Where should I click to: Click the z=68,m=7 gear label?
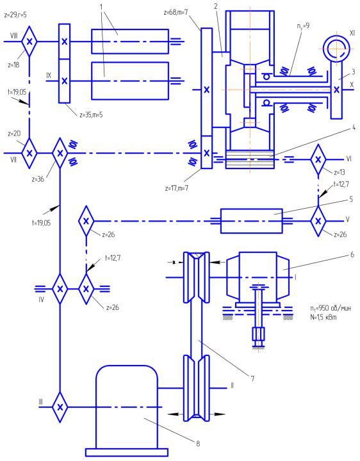coord(176,13)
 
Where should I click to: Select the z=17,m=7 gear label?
coord(177,188)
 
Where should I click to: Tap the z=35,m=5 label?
coord(91,115)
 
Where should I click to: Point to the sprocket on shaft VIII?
coord(29,42)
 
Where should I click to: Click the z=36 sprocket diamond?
coord(60,153)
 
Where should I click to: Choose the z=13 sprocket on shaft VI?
coord(318,159)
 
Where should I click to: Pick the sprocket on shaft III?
coord(60,407)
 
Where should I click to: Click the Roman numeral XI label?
coord(352,33)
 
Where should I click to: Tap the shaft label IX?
coord(49,76)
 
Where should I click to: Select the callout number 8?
coord(198,443)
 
